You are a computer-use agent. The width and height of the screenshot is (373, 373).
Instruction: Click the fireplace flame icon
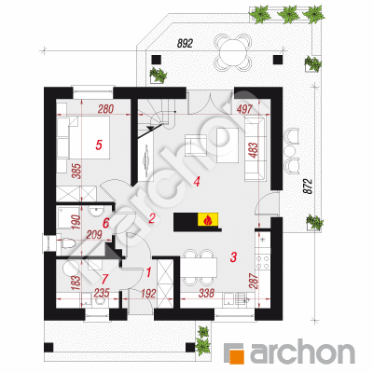(x=208, y=220)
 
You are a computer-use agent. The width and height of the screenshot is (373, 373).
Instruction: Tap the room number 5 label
(x=99, y=145)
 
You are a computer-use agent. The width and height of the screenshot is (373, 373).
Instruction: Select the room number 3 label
(x=233, y=256)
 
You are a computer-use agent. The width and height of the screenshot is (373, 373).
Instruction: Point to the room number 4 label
(x=196, y=182)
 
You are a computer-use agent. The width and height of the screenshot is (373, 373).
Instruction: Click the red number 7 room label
(x=104, y=277)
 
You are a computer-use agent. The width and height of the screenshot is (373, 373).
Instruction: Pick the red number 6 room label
(x=106, y=223)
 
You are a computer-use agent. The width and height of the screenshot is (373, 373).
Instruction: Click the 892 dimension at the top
(x=185, y=44)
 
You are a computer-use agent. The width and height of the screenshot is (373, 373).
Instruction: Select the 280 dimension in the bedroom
(x=105, y=109)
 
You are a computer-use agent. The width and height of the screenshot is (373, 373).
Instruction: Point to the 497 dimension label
(x=244, y=109)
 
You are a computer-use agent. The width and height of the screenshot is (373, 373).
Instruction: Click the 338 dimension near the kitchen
(x=206, y=293)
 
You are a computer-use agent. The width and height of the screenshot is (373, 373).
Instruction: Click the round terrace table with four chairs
(x=232, y=52)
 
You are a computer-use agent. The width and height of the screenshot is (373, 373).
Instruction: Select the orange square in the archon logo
(x=237, y=356)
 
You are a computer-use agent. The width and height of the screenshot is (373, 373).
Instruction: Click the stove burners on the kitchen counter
(x=262, y=262)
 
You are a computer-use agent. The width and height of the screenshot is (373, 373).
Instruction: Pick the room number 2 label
(x=152, y=219)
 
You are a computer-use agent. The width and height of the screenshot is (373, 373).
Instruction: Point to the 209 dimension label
(x=94, y=235)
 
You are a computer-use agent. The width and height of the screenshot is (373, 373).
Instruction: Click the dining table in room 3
(x=199, y=268)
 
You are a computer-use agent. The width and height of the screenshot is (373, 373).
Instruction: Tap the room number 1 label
(x=148, y=272)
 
